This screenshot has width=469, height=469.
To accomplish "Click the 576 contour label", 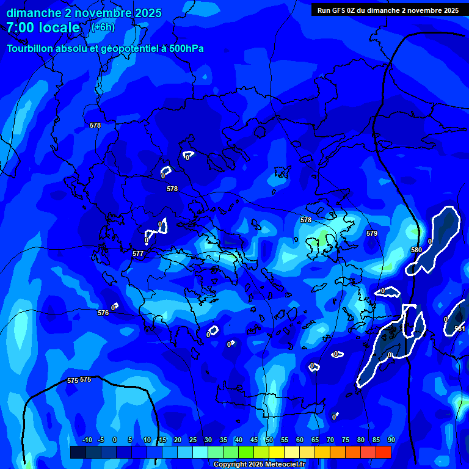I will click(x=103, y=313).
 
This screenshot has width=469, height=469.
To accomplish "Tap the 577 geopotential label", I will click(x=138, y=253).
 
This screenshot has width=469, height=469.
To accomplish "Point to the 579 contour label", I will click(x=372, y=233).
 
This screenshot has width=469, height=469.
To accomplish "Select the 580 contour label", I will click(x=416, y=250).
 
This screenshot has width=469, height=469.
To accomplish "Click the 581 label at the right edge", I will click(x=460, y=329).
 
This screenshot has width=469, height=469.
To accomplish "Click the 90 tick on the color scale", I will click(x=391, y=440).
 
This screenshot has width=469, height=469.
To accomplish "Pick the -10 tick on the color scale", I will click(x=87, y=440).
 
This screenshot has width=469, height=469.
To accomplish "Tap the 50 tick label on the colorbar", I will click(x=269, y=440).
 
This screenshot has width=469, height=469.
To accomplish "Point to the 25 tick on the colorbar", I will click(x=193, y=440).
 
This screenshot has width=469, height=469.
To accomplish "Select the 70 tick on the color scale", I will click(x=330, y=440).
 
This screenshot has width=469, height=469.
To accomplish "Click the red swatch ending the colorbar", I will click(x=384, y=452).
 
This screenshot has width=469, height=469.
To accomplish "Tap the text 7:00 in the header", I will click(x=23, y=27).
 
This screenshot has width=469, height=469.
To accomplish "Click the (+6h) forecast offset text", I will click(x=103, y=27).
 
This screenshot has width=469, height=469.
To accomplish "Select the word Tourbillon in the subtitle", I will click(x=31, y=49).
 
